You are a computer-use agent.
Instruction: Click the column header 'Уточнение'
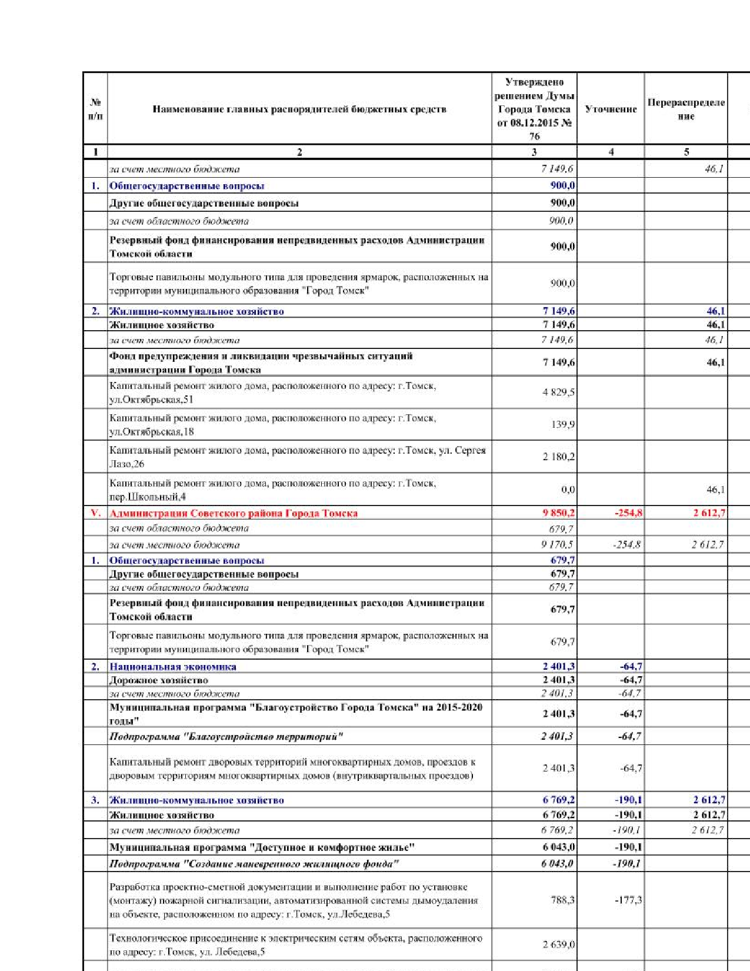click(x=611, y=109)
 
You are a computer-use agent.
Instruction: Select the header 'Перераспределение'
click(x=686, y=109)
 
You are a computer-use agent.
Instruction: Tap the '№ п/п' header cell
click(x=95, y=109)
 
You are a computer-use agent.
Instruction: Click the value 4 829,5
click(x=558, y=393)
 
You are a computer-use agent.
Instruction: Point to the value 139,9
click(x=563, y=424)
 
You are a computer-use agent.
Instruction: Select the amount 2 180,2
click(x=558, y=457)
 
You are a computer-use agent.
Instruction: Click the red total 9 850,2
click(x=558, y=513)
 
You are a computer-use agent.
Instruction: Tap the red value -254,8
click(x=628, y=513)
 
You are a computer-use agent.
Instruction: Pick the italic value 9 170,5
click(x=558, y=545)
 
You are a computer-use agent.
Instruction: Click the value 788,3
click(x=562, y=900)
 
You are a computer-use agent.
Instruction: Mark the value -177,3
click(x=630, y=900)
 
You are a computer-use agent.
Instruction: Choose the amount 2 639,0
click(x=558, y=945)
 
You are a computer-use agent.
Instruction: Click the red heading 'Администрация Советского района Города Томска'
click(x=233, y=513)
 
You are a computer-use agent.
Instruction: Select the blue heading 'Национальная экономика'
click(x=173, y=667)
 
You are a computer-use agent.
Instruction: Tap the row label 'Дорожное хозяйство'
click(x=158, y=680)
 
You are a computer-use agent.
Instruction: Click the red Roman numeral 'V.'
click(x=95, y=513)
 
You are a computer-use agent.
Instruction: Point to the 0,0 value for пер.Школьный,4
click(x=568, y=490)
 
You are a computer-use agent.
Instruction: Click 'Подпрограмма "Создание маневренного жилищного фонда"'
click(x=254, y=864)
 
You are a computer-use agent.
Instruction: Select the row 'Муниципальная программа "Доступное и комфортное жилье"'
click(x=262, y=847)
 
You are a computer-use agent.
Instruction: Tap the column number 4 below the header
click(x=611, y=152)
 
